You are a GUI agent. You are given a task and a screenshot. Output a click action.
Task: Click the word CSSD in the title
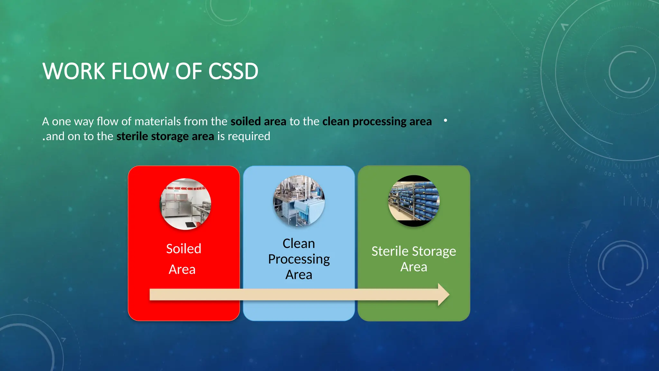click(x=233, y=71)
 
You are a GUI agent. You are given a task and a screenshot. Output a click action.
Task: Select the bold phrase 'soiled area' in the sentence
click(x=258, y=121)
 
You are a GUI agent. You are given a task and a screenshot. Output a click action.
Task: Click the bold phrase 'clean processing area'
click(x=377, y=121)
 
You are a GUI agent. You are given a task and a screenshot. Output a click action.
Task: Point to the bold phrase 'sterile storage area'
click(x=165, y=136)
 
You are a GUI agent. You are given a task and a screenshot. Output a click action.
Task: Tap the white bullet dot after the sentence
click(x=445, y=120)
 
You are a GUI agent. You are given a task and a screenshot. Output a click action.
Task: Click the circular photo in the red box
click(x=186, y=204)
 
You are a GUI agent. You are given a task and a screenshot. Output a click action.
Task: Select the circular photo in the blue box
click(x=299, y=201)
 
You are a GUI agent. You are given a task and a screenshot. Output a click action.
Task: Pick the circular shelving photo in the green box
click(x=414, y=201)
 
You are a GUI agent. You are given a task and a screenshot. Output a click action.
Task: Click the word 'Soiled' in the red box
click(x=184, y=249)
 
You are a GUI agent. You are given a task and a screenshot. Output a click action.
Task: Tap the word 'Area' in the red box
click(x=182, y=269)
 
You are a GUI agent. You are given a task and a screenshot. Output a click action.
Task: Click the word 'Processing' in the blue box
click(x=299, y=259)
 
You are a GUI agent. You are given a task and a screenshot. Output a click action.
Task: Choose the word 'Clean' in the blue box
click(x=299, y=243)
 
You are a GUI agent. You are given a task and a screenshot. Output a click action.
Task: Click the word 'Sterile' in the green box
click(x=390, y=251)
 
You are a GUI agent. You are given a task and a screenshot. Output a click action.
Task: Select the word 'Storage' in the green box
click(x=434, y=251)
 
